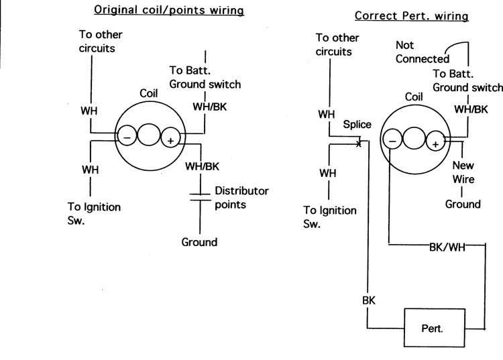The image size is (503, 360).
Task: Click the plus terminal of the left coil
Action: point(171,139)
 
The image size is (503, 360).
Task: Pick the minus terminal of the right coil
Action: point(392,140)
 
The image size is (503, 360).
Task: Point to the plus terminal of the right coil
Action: point(435,142)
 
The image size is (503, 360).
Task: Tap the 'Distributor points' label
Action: point(241,198)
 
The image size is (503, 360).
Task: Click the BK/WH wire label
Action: point(447,246)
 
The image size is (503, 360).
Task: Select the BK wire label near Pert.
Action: point(369,300)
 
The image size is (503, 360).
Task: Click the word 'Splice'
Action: point(357,125)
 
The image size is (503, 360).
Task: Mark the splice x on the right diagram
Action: point(359,142)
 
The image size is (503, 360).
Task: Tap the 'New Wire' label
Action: point(463,172)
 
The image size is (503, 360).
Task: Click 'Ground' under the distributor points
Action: point(199,242)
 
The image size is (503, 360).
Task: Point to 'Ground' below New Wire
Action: point(463,204)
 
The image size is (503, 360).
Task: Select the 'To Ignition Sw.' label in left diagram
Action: point(94,213)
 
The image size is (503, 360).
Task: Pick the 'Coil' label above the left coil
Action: point(149,94)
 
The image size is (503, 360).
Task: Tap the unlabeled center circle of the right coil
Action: point(414,139)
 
